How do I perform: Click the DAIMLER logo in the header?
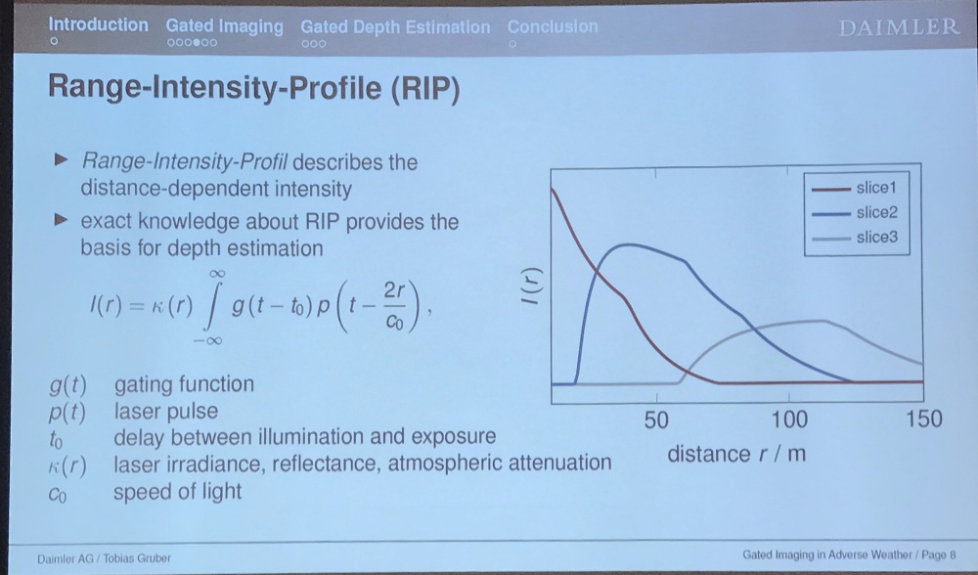[x=899, y=28]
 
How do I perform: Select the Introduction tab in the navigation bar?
[x=99, y=25]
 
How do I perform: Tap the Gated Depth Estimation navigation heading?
[x=395, y=27]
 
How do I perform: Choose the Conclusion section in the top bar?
[x=553, y=26]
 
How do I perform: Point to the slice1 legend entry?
[x=855, y=188]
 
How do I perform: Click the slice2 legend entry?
[x=855, y=212]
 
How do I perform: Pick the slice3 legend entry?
[x=855, y=238]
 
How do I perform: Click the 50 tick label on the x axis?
[x=656, y=420]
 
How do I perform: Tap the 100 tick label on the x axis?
[x=789, y=420]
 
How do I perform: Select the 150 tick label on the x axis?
[x=924, y=419]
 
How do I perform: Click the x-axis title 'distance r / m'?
[x=736, y=454]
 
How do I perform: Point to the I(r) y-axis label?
[x=533, y=287]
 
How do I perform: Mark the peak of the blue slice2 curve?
[x=629, y=244]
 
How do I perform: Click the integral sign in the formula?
[x=211, y=307]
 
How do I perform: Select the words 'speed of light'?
[x=177, y=492]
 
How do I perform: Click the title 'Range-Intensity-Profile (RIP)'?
[x=254, y=88]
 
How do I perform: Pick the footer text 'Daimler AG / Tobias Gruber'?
[x=104, y=558]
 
